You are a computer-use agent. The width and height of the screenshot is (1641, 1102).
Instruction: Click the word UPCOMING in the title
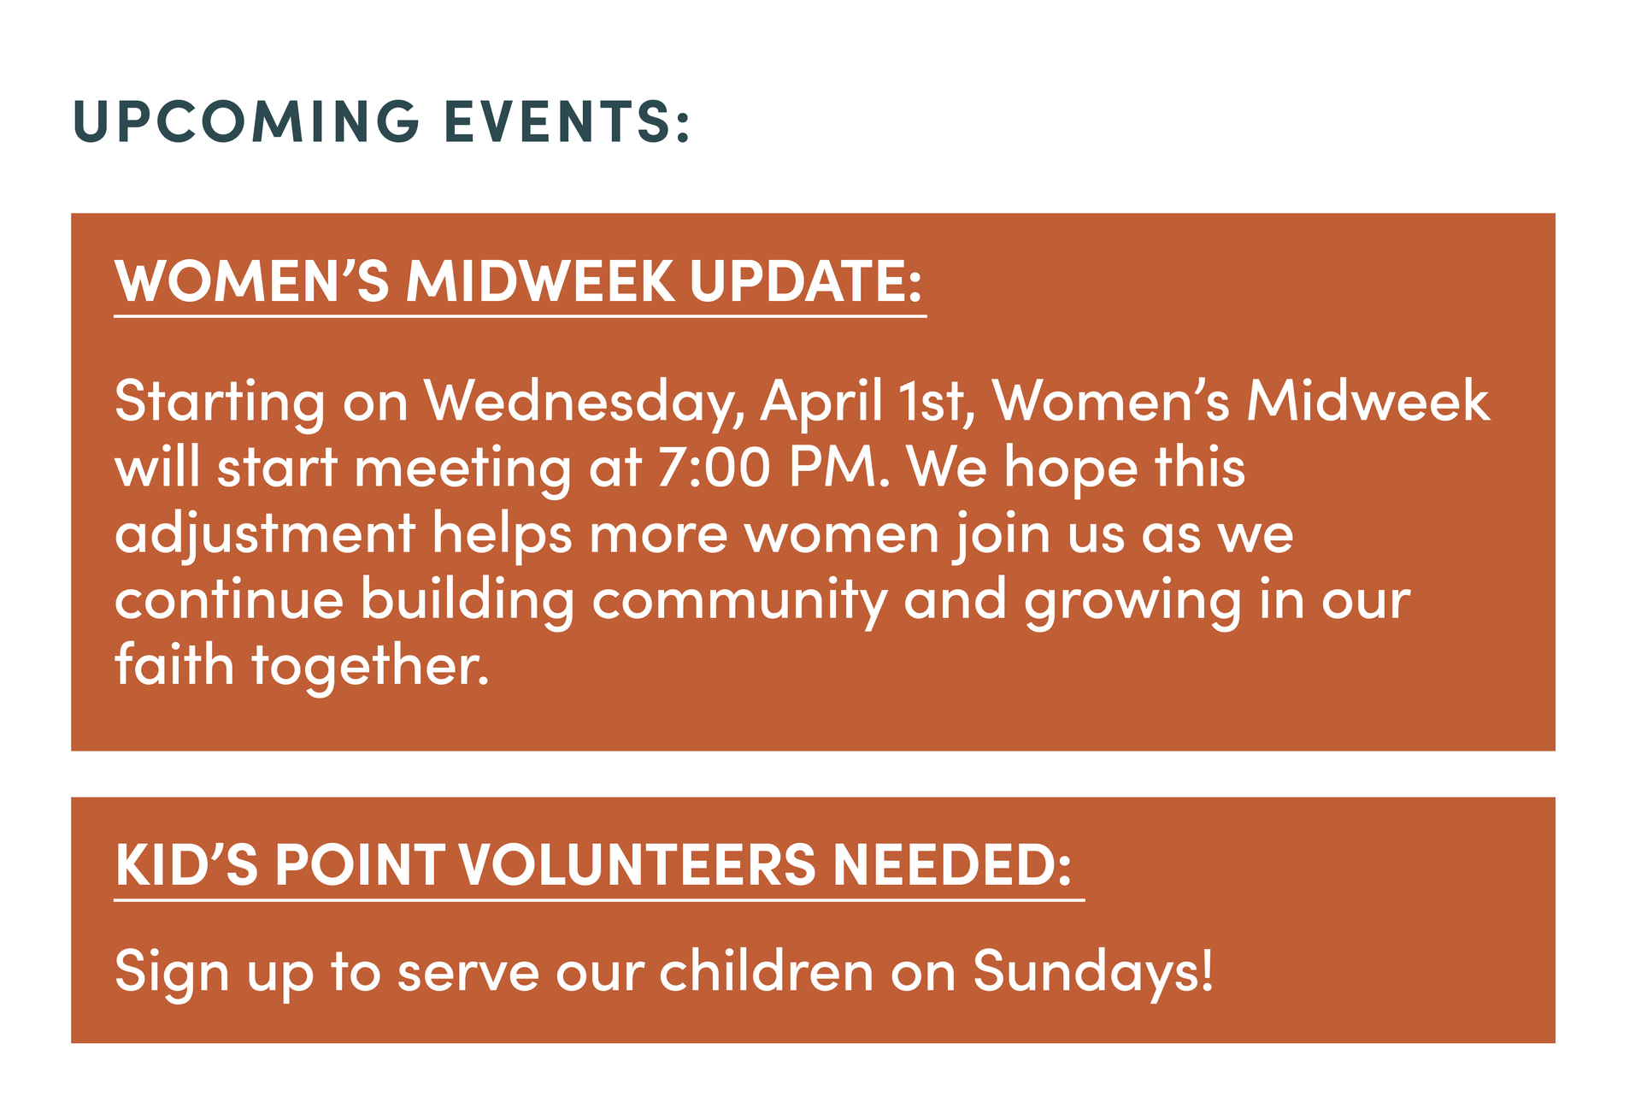246,121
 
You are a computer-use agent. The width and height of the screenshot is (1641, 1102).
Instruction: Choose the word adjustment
265,535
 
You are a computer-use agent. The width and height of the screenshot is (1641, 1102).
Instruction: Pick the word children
766,972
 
